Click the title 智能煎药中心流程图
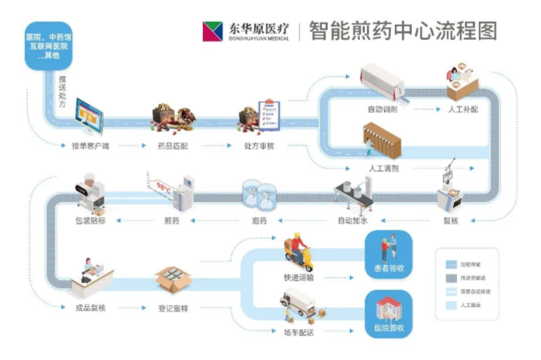pos(402,30)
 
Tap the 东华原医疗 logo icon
pos(212,31)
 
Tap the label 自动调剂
pos(383,110)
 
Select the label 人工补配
pos(463,110)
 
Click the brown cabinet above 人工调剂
pos(382,141)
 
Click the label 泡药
pos(259,221)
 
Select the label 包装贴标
pos(91,221)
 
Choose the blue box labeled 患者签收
pos(388,257)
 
